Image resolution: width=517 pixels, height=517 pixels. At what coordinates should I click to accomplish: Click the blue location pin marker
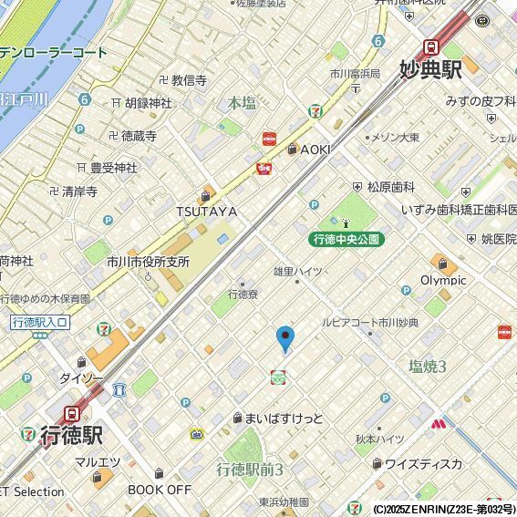coord(285,338)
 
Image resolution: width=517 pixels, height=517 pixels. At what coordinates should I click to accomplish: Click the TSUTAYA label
coord(206,212)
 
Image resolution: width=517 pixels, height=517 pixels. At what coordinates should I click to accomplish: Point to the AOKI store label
coord(315,150)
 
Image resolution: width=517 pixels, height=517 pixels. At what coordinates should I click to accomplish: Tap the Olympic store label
coord(443,280)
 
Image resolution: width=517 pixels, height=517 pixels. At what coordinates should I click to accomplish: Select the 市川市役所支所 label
coord(148,262)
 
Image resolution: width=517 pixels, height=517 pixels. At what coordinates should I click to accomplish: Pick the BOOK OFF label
coord(160,489)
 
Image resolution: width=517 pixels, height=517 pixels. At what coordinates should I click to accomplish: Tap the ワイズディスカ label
coord(423,463)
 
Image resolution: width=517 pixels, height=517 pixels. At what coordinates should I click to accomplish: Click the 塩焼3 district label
coord(428,367)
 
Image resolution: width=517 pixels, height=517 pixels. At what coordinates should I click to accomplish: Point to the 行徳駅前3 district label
coord(250,470)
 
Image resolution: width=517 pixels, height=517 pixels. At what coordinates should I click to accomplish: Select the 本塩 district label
coord(242,103)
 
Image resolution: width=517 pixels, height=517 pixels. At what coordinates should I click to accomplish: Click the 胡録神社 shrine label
coord(148,103)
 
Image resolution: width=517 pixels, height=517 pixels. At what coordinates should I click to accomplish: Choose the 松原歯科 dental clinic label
coord(390,186)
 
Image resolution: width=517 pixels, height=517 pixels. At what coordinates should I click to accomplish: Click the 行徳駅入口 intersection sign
coord(39,322)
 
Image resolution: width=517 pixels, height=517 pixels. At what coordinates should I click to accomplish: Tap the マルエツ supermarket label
coord(93,461)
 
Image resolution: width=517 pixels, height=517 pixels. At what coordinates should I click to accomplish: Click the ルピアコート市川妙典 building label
coord(369,323)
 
